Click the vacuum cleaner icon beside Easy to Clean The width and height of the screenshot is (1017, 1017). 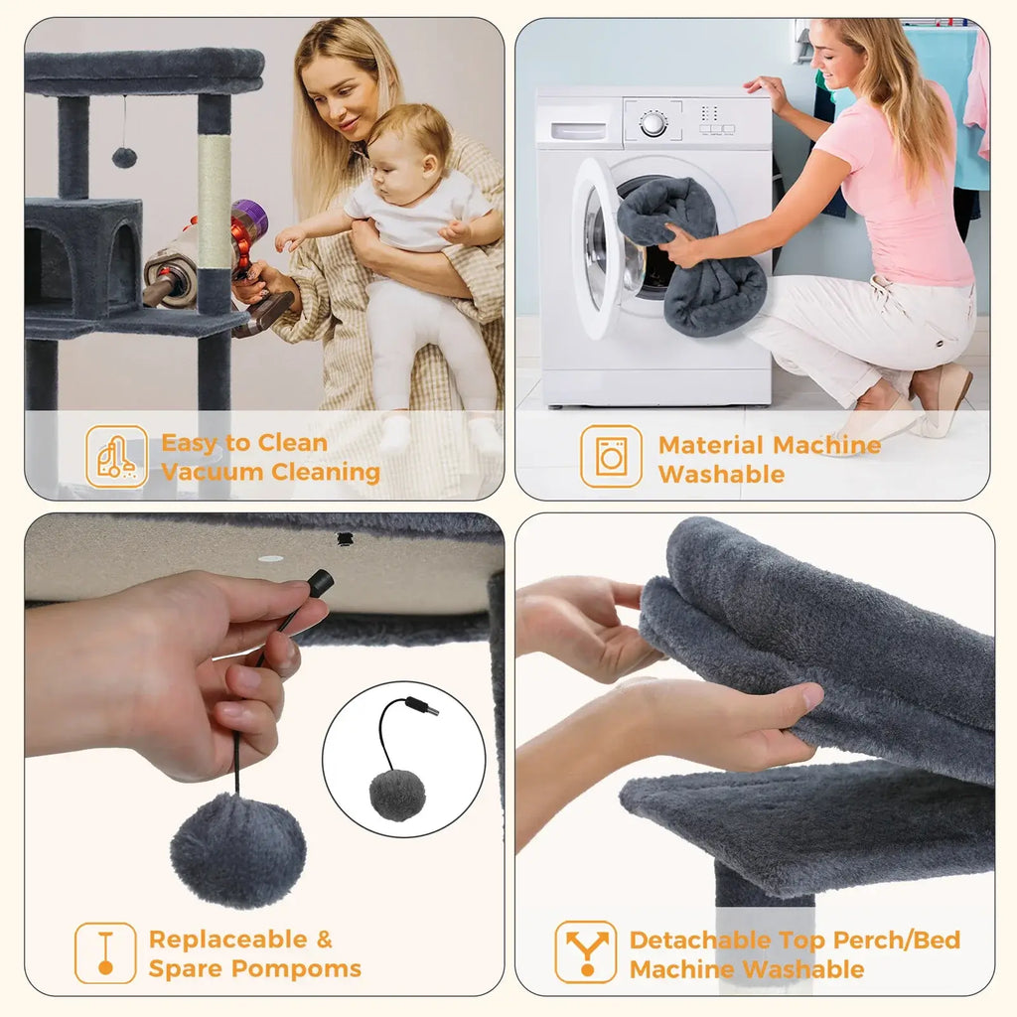pyautogui.click(x=116, y=457)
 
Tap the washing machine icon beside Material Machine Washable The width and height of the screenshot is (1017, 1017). pyautogui.click(x=611, y=457)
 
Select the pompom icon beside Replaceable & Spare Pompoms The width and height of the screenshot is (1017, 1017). pyautogui.click(x=105, y=953)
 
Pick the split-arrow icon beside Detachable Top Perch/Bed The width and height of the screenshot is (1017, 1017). pyautogui.click(x=585, y=953)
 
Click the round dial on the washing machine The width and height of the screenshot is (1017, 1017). pyautogui.click(x=653, y=124)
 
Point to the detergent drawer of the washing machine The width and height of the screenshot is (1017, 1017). pyautogui.click(x=578, y=130)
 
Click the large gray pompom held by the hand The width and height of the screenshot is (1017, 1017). pyautogui.click(x=237, y=850)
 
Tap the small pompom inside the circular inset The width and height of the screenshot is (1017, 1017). pyautogui.click(x=397, y=794)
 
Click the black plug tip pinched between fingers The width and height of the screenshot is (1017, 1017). pyautogui.click(x=320, y=583)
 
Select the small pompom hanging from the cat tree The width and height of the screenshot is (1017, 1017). pyautogui.click(x=124, y=157)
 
